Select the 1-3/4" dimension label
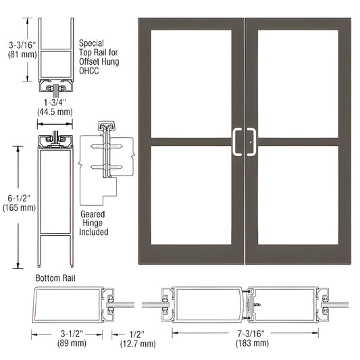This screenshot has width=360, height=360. pos(55,103)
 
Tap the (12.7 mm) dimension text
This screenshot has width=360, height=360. pos(129,344)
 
